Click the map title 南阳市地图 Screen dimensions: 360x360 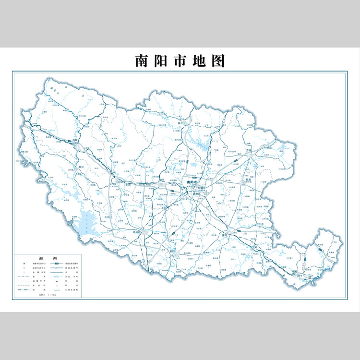click(x=180, y=61)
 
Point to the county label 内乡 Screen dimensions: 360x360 click(x=114, y=183)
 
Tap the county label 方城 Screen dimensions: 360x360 click(x=249, y=150)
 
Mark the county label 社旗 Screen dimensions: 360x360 click(x=249, y=180)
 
